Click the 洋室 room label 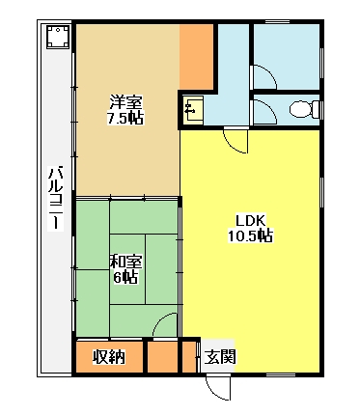pos(125,103)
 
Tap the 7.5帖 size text pos(125,118)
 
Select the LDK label pos(250,221)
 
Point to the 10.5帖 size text pos(250,235)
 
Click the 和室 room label pos(125,263)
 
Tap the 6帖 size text pos(125,277)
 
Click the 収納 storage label pos(109,356)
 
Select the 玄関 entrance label pos(220,356)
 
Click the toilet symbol pos(304,109)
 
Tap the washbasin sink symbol pos(193,110)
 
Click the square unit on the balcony pos(58,37)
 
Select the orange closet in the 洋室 pos(196,57)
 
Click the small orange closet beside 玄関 pos(189,357)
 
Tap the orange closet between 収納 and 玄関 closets pos(163,357)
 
